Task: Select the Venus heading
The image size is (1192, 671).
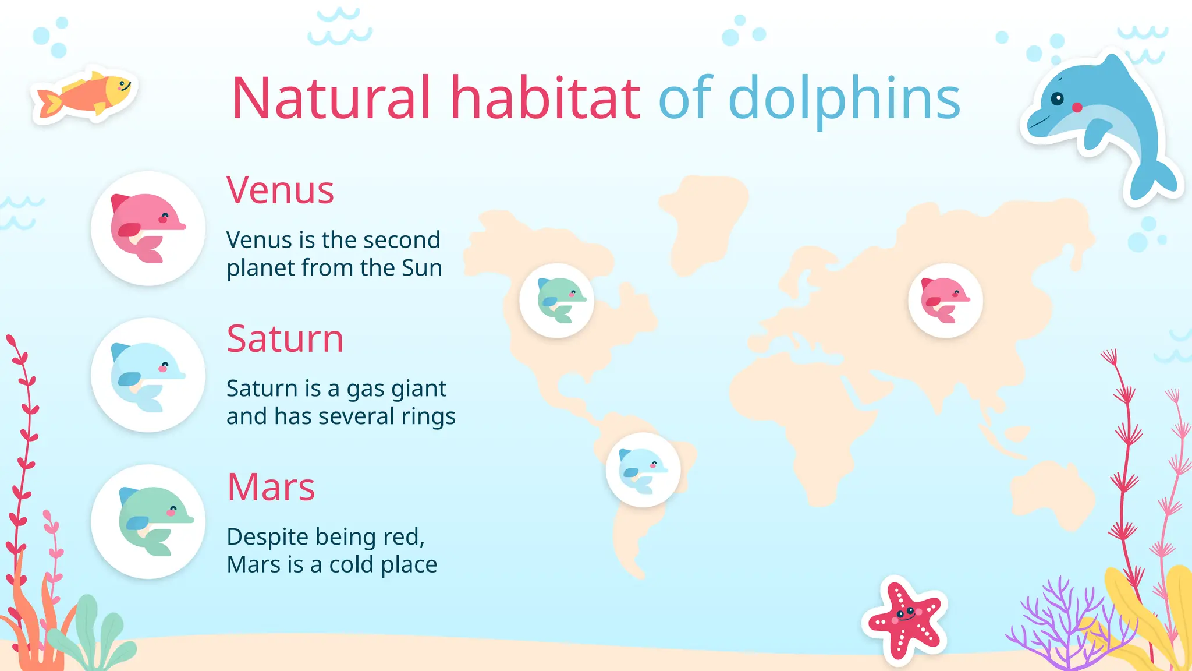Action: tap(280, 190)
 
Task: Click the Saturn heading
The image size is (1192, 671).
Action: tap(285, 338)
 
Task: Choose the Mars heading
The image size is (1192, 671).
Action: tap(271, 487)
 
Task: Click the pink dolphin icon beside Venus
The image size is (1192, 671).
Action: tap(148, 228)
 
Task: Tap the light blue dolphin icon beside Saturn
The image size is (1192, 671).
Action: tap(148, 376)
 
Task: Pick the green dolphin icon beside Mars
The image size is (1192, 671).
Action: tap(148, 522)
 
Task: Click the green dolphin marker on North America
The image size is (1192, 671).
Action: tap(557, 301)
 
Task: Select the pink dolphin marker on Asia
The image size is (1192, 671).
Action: tap(945, 301)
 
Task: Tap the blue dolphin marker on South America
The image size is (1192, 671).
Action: tap(643, 470)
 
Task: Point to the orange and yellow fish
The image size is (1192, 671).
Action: tap(86, 94)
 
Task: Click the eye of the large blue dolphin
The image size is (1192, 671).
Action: tap(1057, 98)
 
